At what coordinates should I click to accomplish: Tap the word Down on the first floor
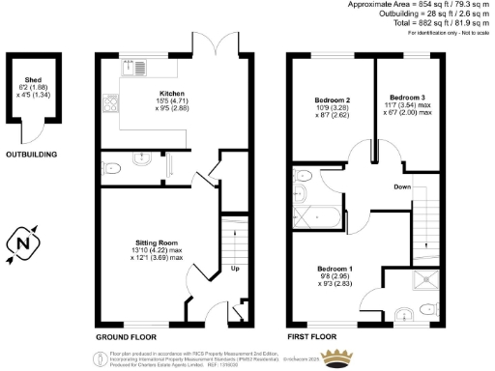point(403,185)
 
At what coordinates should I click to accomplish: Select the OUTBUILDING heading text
point(31,155)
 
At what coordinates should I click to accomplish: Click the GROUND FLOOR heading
point(128,338)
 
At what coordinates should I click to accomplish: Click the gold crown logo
point(337,358)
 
